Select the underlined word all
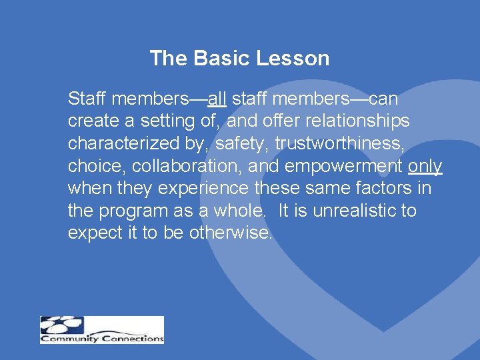tap(217, 99)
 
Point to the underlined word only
tap(425, 166)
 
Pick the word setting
tap(182, 121)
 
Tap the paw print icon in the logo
tap(61, 325)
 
